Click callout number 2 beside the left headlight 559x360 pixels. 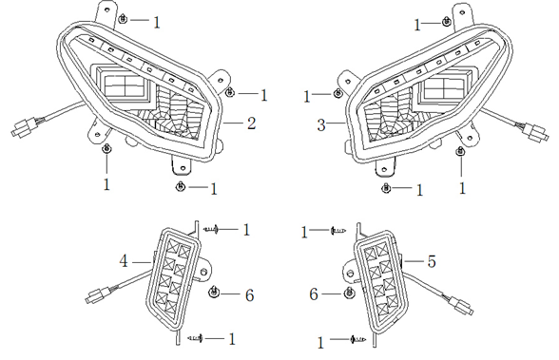point(251,123)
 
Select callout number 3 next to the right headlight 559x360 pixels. point(320,124)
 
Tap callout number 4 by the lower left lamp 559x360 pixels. point(123,260)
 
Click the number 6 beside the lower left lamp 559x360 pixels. point(249,295)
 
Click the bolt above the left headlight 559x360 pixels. point(125,20)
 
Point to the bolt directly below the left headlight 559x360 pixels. point(179,188)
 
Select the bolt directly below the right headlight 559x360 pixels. point(385,189)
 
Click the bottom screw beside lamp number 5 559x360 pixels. point(354,339)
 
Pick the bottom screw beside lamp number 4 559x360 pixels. point(197,338)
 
